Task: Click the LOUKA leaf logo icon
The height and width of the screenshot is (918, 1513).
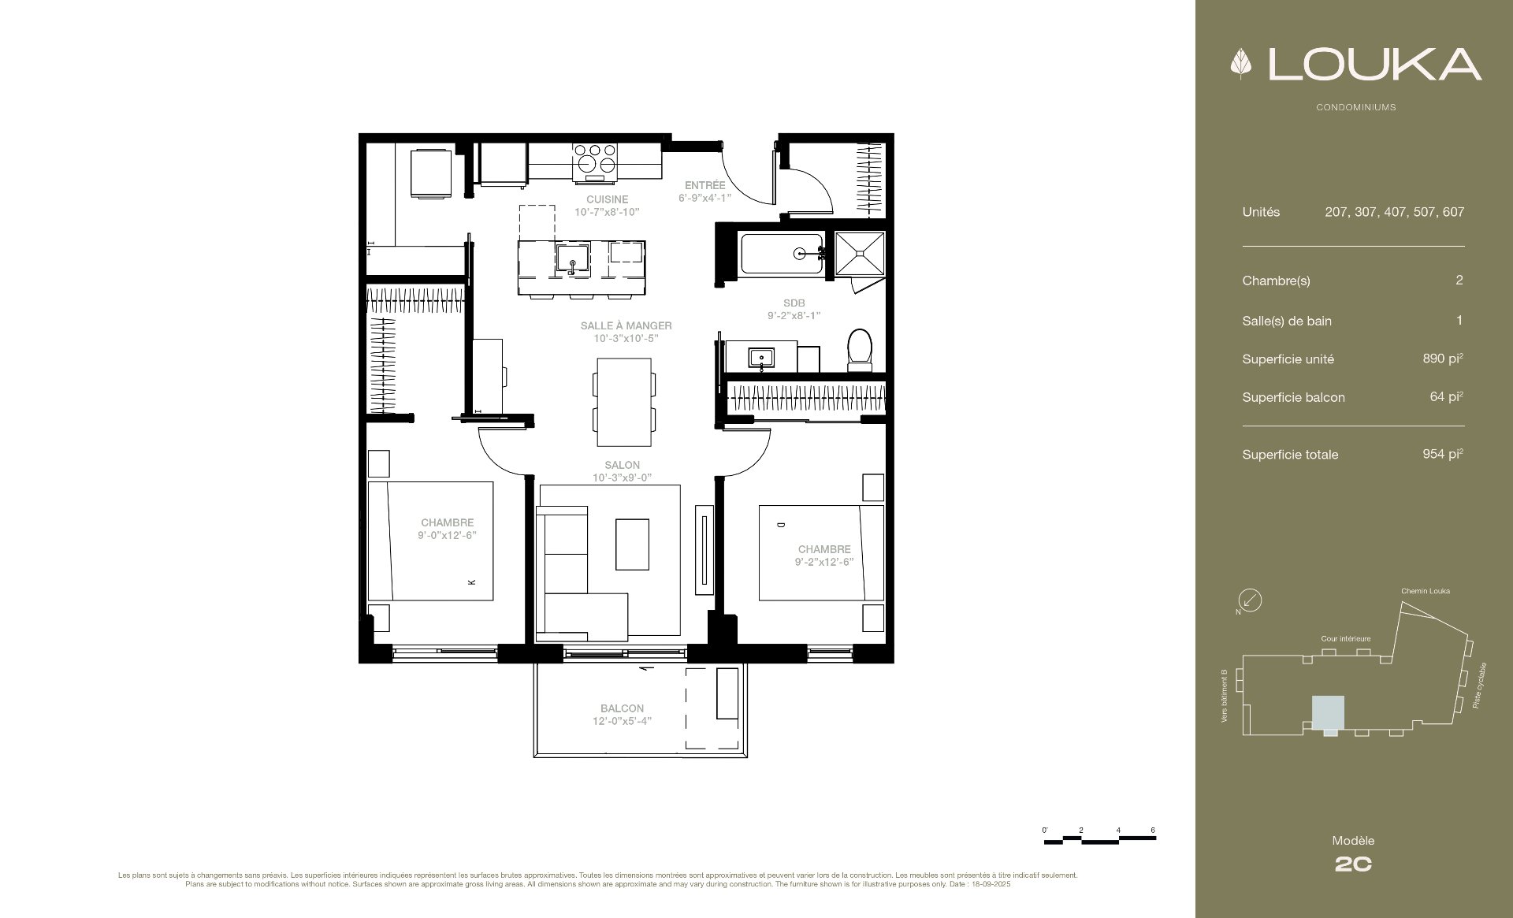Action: (1241, 65)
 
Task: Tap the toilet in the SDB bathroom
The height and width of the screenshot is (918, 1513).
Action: (861, 351)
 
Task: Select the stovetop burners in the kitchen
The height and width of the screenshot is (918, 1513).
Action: (596, 157)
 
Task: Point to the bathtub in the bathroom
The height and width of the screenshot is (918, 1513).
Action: (782, 254)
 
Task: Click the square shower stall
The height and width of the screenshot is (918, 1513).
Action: (858, 254)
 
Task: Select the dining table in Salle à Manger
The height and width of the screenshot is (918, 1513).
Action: (623, 402)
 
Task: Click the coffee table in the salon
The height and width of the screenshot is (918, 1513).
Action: (633, 544)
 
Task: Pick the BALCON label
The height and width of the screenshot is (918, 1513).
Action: (622, 708)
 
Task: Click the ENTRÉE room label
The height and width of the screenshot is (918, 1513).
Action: (704, 185)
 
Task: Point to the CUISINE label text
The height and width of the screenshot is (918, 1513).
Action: (607, 199)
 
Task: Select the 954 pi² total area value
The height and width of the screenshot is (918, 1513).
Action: (1443, 454)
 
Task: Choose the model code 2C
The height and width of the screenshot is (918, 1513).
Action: (1353, 864)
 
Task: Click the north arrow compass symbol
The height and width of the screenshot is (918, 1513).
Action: (1250, 601)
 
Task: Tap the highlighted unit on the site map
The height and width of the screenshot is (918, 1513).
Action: (1328, 713)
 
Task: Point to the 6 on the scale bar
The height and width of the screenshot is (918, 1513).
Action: (1153, 831)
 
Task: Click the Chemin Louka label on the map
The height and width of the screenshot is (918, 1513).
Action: (1426, 591)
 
